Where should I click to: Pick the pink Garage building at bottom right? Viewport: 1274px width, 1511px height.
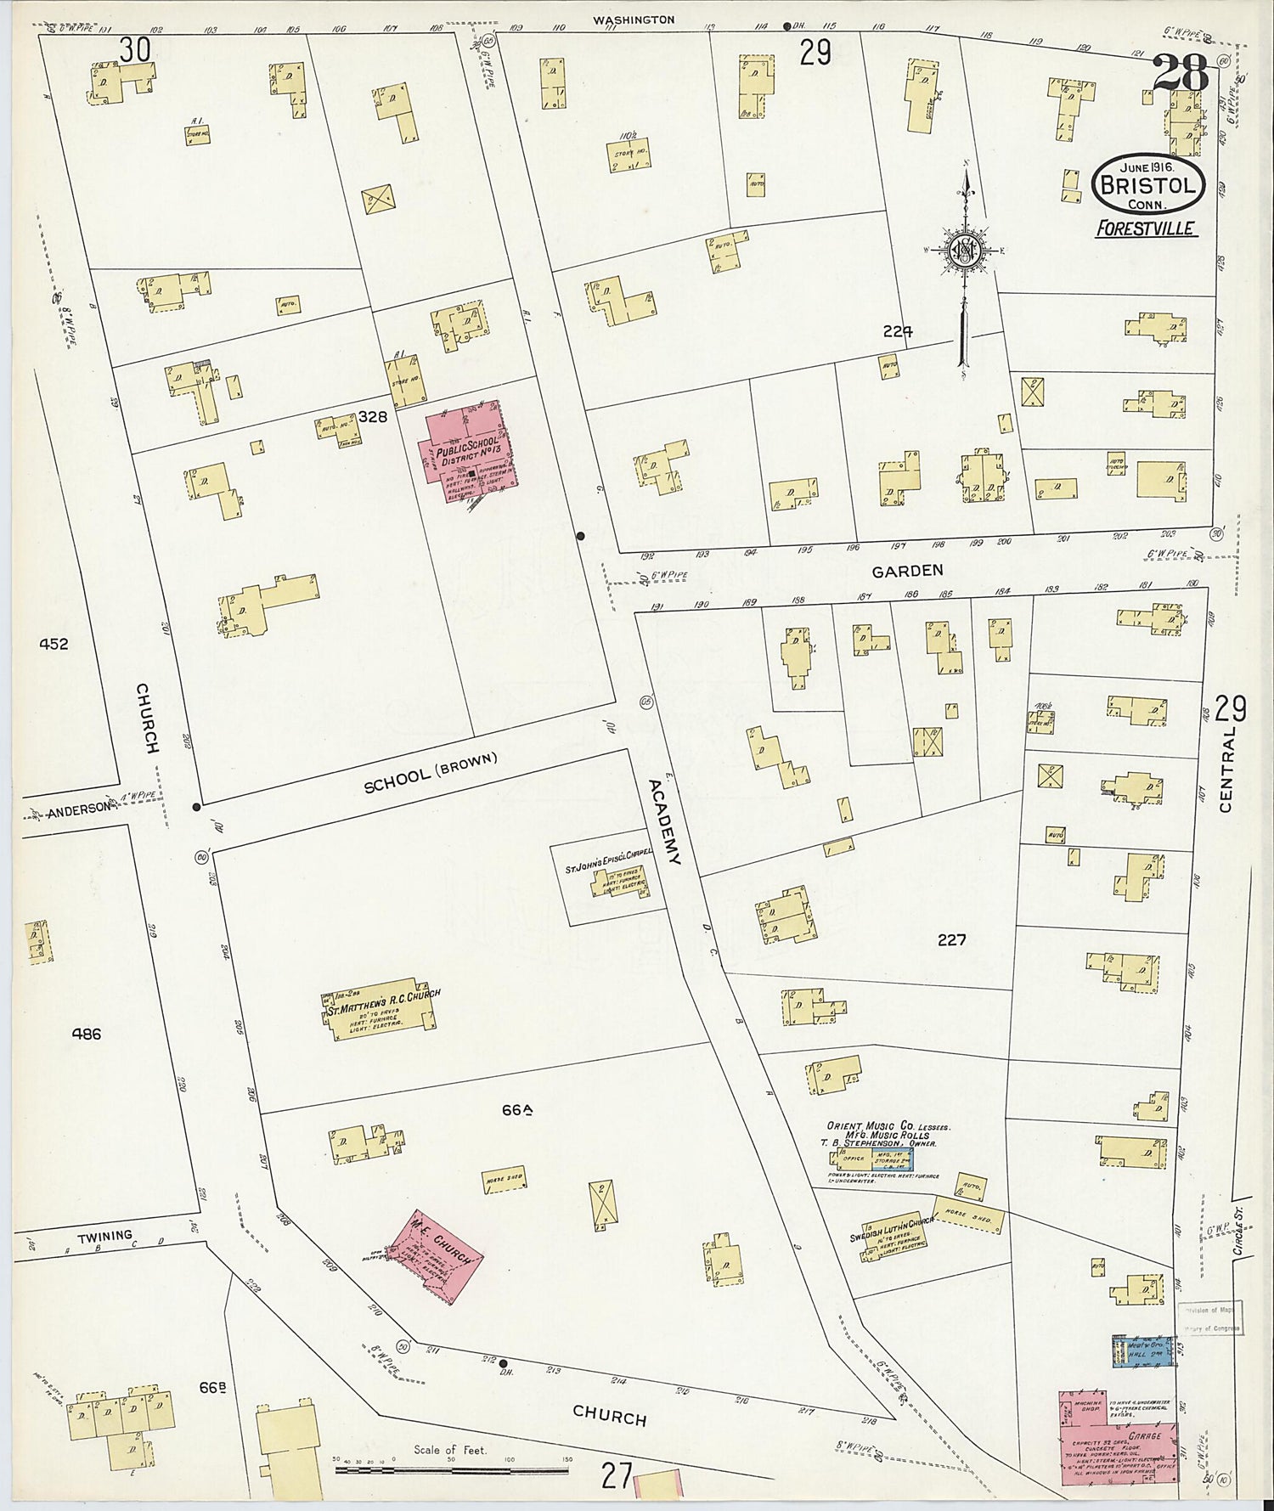pos(1117,1435)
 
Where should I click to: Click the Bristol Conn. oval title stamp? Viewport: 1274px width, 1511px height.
pos(1148,184)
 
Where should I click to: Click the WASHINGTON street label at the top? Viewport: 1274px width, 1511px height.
pos(634,20)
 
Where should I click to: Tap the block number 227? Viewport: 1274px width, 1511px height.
pos(952,940)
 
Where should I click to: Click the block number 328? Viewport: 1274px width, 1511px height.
pos(373,417)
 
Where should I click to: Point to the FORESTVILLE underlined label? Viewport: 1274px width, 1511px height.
pos(1146,228)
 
